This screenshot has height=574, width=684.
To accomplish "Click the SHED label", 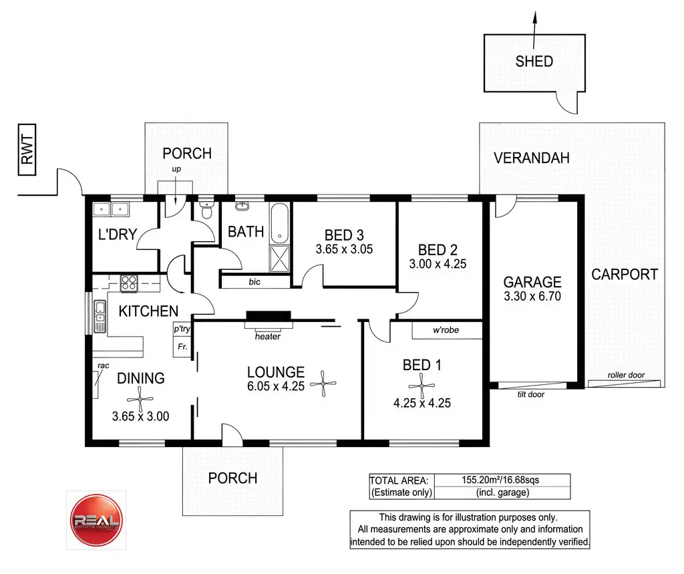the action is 534,61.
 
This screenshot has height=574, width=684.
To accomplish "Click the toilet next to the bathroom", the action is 206,210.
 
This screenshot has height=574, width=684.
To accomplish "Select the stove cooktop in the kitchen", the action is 128,283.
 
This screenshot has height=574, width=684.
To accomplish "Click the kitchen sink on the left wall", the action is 100,317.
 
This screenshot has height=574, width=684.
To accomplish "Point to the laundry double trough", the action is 112,209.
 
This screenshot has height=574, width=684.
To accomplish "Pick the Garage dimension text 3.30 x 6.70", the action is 532,296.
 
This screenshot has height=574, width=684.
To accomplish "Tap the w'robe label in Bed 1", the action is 446,329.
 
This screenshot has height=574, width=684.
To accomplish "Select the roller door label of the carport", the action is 626,376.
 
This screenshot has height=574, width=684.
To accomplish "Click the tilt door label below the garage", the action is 531,394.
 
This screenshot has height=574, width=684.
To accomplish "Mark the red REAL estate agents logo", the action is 96,520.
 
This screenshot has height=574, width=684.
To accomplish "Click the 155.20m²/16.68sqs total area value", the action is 502,480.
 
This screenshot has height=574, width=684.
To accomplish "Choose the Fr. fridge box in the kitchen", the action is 181,347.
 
